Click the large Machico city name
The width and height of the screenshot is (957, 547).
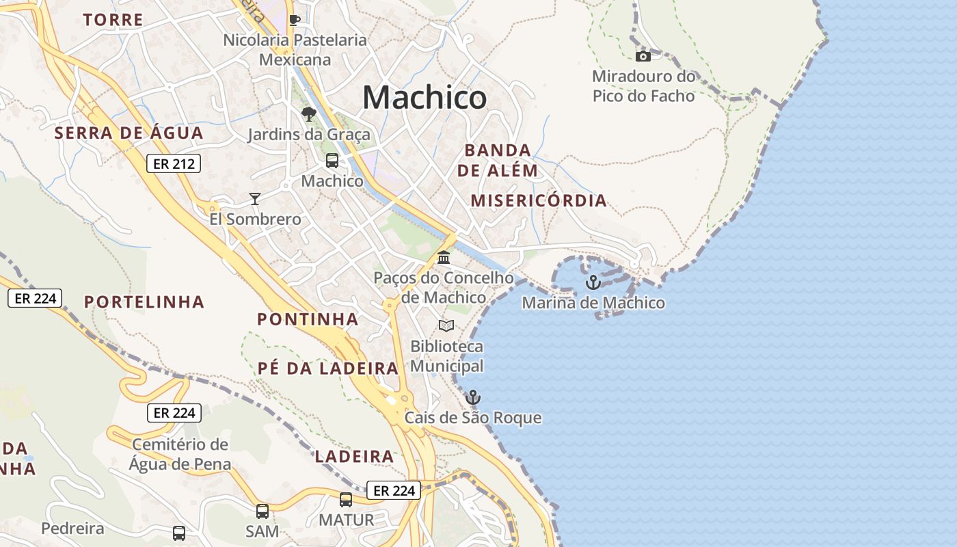click(x=424, y=97)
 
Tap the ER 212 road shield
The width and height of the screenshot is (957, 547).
click(x=174, y=163)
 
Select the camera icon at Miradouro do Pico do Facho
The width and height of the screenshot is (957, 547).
click(x=643, y=56)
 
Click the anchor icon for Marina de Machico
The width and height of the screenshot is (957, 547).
click(x=593, y=282)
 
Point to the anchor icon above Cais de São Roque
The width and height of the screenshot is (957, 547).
click(x=472, y=397)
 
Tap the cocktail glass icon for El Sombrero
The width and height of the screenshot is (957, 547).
click(x=255, y=199)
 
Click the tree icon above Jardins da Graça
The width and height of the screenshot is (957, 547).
click(x=309, y=114)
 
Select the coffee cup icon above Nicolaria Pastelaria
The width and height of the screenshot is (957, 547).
click(x=295, y=20)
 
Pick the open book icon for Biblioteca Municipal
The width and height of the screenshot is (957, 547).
click(x=446, y=326)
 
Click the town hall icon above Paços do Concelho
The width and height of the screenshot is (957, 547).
click(x=444, y=258)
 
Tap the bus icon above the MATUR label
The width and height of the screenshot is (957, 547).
click(x=346, y=500)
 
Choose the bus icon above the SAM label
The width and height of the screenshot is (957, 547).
click(x=262, y=511)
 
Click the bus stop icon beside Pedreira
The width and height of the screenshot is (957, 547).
click(x=179, y=533)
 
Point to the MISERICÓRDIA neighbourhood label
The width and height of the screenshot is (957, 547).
click(x=539, y=200)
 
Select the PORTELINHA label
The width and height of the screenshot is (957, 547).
click(x=144, y=302)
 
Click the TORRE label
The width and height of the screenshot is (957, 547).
click(x=113, y=20)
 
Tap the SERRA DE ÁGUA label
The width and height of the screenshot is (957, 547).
click(x=129, y=133)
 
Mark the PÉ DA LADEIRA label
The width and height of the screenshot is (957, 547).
click(x=328, y=369)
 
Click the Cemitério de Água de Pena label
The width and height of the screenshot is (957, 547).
click(x=180, y=454)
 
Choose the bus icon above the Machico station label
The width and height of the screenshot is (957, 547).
click(x=332, y=161)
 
